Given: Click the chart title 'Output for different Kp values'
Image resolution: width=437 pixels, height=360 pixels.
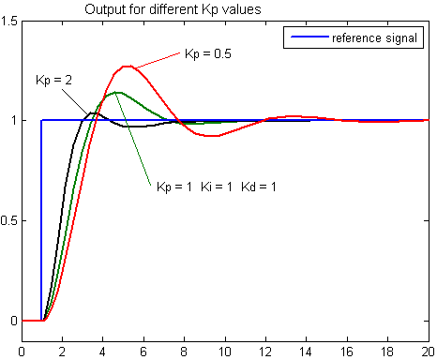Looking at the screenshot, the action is pyautogui.click(x=173, y=9).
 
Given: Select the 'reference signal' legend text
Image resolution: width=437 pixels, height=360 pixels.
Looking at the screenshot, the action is pyautogui.click(x=374, y=38).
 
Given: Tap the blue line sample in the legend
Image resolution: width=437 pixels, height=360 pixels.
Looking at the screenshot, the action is pyautogui.click(x=309, y=37).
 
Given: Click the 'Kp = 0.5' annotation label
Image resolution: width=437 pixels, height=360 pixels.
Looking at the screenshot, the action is pyautogui.click(x=208, y=53).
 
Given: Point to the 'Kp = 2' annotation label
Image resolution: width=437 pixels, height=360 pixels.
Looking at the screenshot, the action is pyautogui.click(x=53, y=81).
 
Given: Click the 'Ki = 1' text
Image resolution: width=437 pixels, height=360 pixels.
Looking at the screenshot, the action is pyautogui.click(x=217, y=187).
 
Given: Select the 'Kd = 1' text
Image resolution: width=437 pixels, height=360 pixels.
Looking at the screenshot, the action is pyautogui.click(x=259, y=187).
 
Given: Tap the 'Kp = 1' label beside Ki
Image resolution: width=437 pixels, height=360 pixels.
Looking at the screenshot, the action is pyautogui.click(x=174, y=187).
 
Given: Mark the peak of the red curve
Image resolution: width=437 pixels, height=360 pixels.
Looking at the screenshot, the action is pyautogui.click(x=127, y=67).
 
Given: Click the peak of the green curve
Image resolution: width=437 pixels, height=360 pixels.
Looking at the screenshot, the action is pyautogui.click(x=115, y=92).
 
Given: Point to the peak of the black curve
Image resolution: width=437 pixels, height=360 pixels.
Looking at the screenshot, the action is pyautogui.click(x=92, y=112).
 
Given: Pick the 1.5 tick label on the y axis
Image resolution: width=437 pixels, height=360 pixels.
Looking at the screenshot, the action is pyautogui.click(x=8, y=22).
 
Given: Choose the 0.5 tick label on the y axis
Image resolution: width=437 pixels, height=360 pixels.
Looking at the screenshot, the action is pyautogui.click(x=8, y=220).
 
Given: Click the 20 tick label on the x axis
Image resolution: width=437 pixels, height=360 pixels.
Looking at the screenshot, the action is pyautogui.click(x=428, y=352).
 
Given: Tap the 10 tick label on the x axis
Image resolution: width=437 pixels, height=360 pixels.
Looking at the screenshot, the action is pyautogui.click(x=224, y=352).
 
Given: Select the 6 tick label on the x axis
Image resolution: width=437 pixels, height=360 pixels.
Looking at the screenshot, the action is pyautogui.click(x=143, y=352).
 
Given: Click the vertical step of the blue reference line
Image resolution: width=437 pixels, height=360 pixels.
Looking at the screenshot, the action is pyautogui.click(x=41, y=220).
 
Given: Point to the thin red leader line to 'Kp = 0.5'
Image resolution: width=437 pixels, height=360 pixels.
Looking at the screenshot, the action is pyautogui.click(x=157, y=60).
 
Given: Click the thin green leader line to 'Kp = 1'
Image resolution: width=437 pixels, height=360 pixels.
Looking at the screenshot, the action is pyautogui.click(x=133, y=139).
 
